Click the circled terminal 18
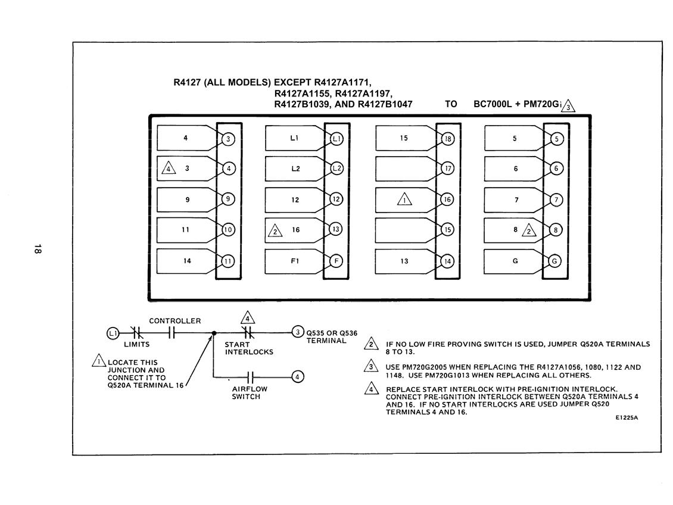pyautogui.click(x=448, y=139)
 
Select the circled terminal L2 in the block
pyautogui.click(x=337, y=169)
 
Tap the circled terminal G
pyautogui.click(x=554, y=261)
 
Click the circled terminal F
pyautogui.click(x=336, y=261)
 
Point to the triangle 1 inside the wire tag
pyautogui.click(x=404, y=199)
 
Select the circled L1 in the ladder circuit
pyautogui.click(x=113, y=333)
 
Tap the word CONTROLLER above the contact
pyautogui.click(x=175, y=321)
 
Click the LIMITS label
pyautogui.click(x=136, y=344)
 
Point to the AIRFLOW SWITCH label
pyautogui.click(x=250, y=392)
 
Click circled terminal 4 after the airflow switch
pyautogui.click(x=297, y=377)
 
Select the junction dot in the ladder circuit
pyautogui.click(x=214, y=333)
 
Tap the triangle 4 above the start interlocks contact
pyautogui.click(x=248, y=318)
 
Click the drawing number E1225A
pyautogui.click(x=627, y=417)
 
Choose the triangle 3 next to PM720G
pyautogui.click(x=568, y=106)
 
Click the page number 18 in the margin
pyautogui.click(x=38, y=248)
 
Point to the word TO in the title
pyautogui.click(x=451, y=104)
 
